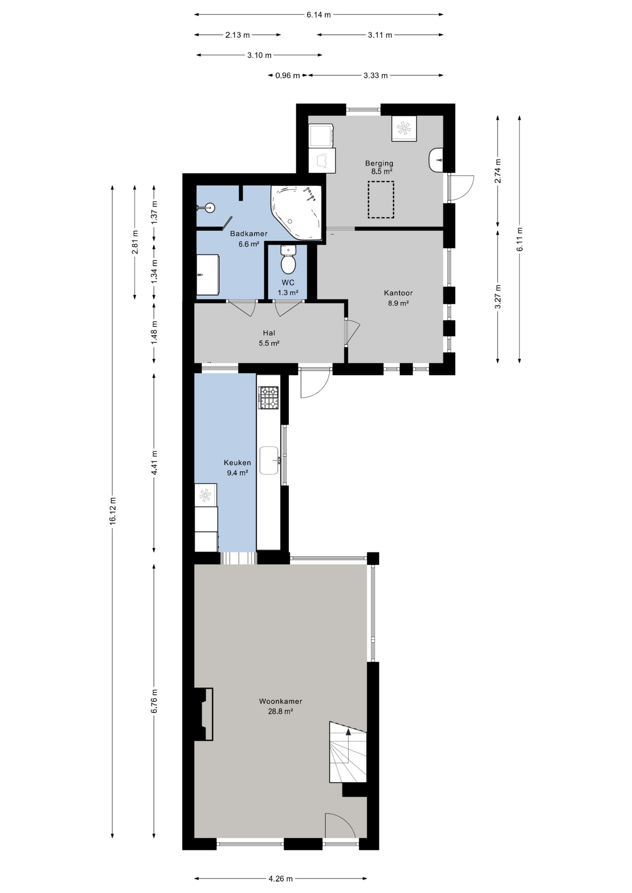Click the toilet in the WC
[289, 260]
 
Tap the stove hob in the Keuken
[269, 398]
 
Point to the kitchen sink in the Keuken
[269, 460]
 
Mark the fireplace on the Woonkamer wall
[204, 714]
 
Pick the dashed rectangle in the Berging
[381, 200]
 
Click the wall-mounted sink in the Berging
[436, 160]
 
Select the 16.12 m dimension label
[113, 511]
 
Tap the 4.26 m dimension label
[281, 879]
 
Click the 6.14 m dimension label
[319, 14]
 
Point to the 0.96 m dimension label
[288, 75]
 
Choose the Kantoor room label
[398, 293]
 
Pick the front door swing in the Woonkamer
[339, 826]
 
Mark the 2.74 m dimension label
[498, 171]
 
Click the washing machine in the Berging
[322, 135]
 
